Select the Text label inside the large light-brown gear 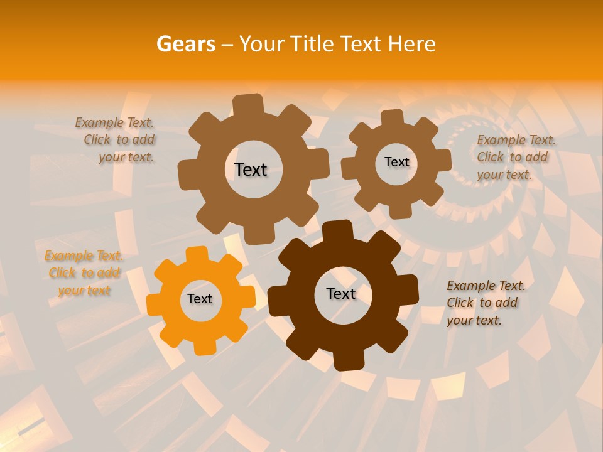[x=251, y=169]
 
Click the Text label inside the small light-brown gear [x=396, y=162]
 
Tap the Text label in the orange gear [x=200, y=299]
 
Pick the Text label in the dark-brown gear [x=341, y=293]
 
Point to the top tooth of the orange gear [x=197, y=254]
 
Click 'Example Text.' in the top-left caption [x=114, y=123]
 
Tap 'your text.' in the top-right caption [x=504, y=175]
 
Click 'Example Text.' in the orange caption [x=84, y=256]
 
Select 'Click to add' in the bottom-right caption [x=482, y=303]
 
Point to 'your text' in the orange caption [x=84, y=290]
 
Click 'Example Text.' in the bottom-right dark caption [x=486, y=286]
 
